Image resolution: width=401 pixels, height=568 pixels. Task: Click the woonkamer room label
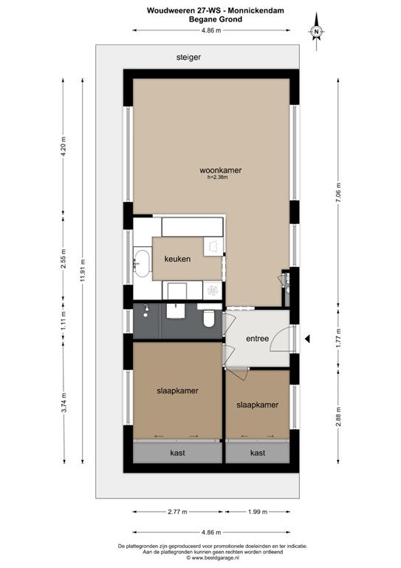coord(220,170)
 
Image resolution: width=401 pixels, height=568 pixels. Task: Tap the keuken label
coord(177,259)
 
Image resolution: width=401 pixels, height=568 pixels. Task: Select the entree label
coord(258,339)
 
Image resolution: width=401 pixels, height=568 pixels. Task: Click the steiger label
coord(188,57)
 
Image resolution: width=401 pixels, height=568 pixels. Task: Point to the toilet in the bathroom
coord(208,318)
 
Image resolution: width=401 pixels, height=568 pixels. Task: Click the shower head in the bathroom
coord(145,311)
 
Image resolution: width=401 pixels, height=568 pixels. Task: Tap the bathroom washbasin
coord(176,311)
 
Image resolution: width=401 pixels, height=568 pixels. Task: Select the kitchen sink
coord(141,263)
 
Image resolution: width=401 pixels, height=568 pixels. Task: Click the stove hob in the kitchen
coord(213,290)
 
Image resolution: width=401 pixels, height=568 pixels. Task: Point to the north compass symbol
coord(316,32)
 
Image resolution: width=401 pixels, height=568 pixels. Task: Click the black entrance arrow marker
coord(307,339)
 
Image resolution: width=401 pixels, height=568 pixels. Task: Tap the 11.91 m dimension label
coord(83,271)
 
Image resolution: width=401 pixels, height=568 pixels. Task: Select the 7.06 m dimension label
coord(338,194)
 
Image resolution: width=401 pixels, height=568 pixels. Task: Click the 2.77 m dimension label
coord(177,512)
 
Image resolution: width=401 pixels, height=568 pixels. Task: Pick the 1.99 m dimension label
coord(258,512)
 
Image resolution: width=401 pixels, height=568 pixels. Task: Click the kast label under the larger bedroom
coord(177,453)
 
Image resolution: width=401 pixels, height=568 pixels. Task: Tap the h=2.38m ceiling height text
coord(218,177)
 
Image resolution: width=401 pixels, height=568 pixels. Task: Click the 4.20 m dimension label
coord(64,146)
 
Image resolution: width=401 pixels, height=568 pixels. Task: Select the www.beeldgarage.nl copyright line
coord(213,558)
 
